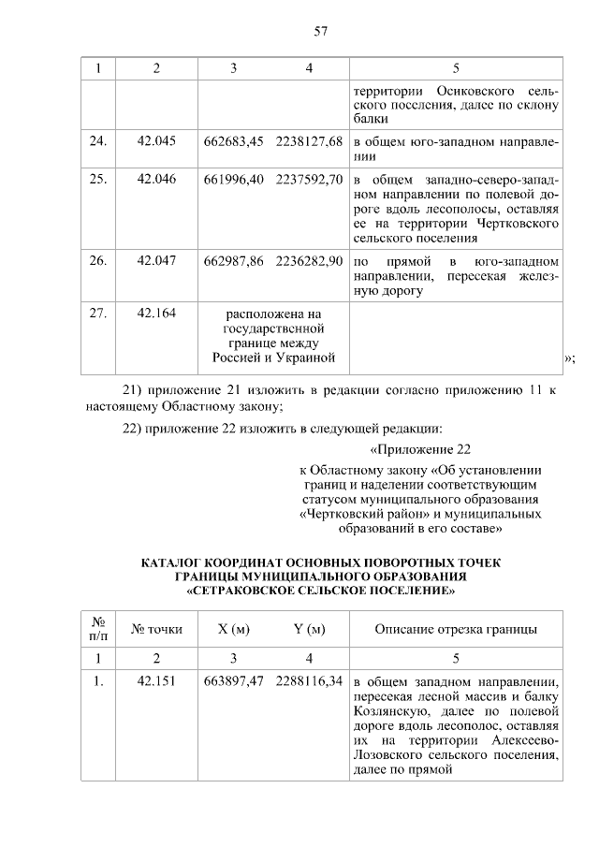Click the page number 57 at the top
(x=319, y=31)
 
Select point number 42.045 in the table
(x=156, y=141)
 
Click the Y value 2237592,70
(x=310, y=179)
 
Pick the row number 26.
(x=98, y=259)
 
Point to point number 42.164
(x=156, y=313)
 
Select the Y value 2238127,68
(x=310, y=141)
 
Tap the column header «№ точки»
(x=156, y=629)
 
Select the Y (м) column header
(x=309, y=629)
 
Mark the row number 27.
(x=98, y=313)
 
